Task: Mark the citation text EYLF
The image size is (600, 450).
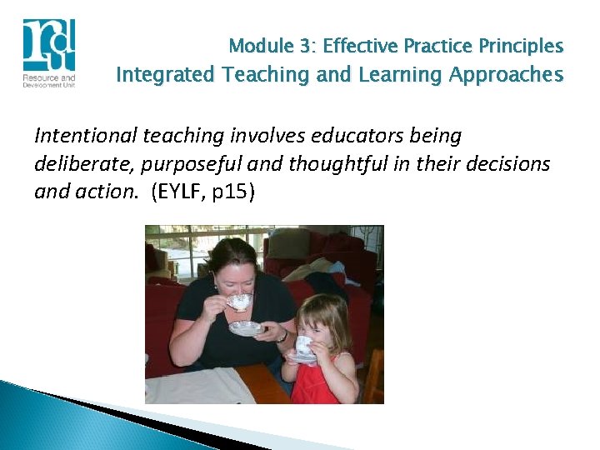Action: tap(180, 192)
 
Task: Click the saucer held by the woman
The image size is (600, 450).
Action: tap(245, 327)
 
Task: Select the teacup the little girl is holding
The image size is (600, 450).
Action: tap(304, 345)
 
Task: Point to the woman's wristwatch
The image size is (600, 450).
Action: tap(283, 336)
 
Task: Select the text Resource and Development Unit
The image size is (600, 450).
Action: tap(48, 82)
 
